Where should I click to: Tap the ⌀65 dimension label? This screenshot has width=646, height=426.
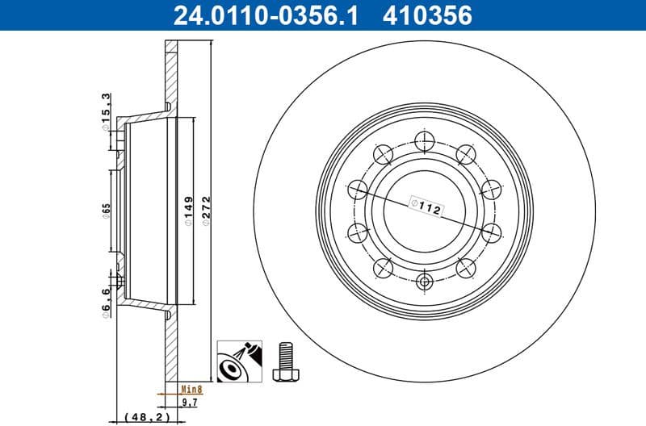pyautogui.click(x=106, y=212)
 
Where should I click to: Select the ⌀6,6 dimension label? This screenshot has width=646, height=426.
pyautogui.click(x=106, y=302)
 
